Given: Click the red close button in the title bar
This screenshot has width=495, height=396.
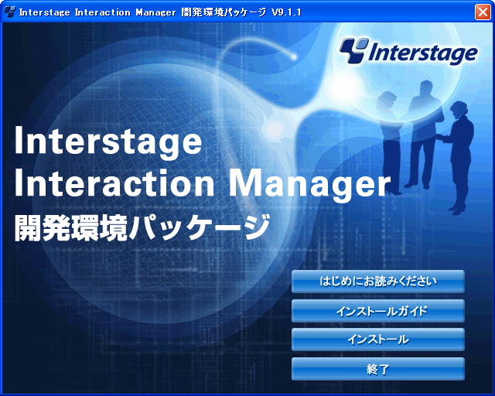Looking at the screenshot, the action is [483, 12].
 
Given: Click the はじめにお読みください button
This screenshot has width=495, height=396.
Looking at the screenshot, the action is [378, 281].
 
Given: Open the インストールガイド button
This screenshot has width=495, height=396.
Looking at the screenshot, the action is [378, 311].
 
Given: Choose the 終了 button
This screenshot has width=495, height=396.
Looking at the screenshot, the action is [378, 369].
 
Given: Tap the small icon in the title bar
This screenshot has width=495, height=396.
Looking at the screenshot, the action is [10, 12].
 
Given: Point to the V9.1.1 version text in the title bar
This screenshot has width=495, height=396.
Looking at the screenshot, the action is [286, 12].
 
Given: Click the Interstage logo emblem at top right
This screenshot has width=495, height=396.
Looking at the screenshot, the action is [354, 50].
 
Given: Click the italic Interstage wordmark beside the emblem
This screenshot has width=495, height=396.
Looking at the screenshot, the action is [423, 53].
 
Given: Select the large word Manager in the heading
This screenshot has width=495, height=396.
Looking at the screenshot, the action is [309, 184].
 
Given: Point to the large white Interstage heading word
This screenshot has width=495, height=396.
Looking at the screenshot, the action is [108, 142].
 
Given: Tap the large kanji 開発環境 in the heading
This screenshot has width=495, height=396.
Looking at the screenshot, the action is [70, 227].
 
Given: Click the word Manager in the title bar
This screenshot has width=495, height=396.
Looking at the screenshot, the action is [155, 12].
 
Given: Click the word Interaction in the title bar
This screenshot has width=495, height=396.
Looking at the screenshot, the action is [102, 12].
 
